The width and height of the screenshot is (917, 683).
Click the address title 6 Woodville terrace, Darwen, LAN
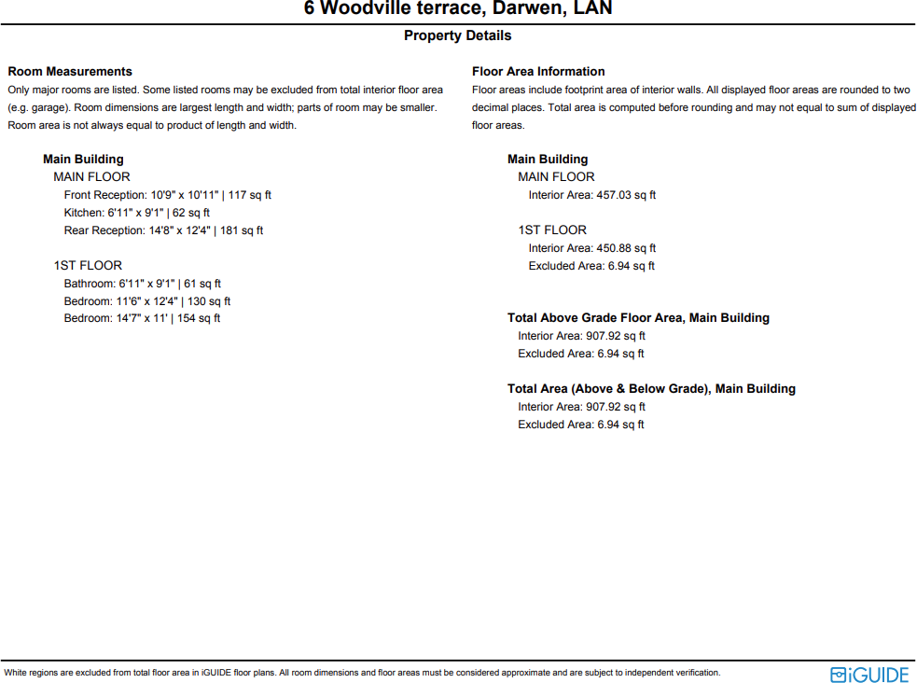click(x=458, y=9)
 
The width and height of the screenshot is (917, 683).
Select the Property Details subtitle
click(x=457, y=35)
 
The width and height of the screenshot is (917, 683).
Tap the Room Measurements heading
click(x=70, y=72)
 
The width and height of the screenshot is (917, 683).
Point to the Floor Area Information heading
click(x=538, y=72)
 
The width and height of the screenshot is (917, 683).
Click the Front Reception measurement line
click(x=167, y=195)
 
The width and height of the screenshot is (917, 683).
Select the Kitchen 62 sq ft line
click(x=136, y=213)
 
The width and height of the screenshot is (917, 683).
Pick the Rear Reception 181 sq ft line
click(x=163, y=230)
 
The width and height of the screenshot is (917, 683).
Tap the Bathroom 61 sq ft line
click(x=142, y=284)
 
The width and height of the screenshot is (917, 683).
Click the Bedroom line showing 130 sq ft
click(x=146, y=301)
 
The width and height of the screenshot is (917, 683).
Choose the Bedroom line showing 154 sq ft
click(x=142, y=318)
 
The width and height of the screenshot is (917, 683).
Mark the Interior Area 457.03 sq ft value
click(x=591, y=195)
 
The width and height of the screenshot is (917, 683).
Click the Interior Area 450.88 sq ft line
click(x=591, y=248)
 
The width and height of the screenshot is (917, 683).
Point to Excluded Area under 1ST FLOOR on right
click(x=591, y=266)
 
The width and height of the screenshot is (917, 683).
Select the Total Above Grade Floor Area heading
click(x=638, y=318)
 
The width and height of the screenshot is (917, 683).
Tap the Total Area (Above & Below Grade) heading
click(x=651, y=389)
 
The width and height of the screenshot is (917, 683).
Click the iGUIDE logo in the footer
click(x=868, y=674)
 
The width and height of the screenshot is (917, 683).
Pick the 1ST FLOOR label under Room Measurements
click(x=88, y=266)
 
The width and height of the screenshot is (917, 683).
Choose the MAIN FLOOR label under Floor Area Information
click(x=556, y=177)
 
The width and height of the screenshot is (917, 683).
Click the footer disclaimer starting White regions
click(x=362, y=673)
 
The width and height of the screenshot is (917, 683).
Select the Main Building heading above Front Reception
click(x=83, y=160)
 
